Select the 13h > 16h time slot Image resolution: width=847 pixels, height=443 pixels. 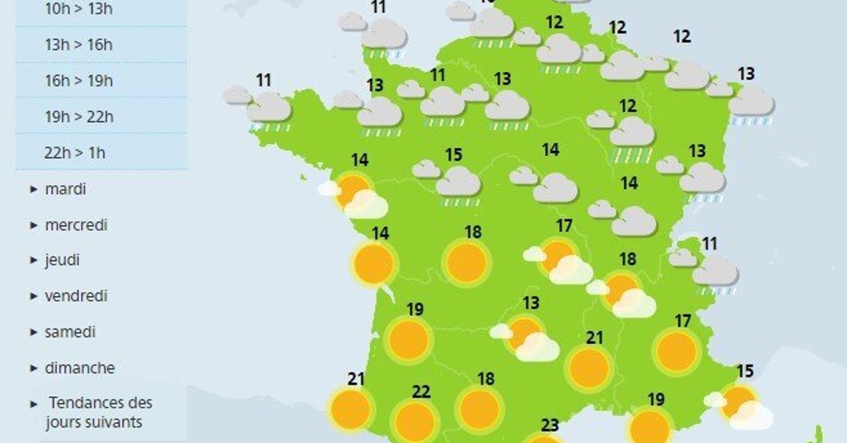[78, 45]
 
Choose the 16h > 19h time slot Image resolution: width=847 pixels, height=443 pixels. [78, 80]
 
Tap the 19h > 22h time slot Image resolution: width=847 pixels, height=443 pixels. [78, 116]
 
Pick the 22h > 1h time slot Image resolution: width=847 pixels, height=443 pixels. [74, 152]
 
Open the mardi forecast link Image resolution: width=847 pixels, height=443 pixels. [65, 189]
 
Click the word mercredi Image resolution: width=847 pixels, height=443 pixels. [76, 226]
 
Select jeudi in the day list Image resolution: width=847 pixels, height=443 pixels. [62, 260]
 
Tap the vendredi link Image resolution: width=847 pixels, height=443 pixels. [76, 296]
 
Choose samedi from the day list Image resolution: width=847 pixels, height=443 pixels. [70, 332]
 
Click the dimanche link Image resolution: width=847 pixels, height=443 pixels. [79, 368]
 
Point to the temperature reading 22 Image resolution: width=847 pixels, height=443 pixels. [421, 392]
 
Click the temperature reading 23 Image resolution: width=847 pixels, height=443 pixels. [551, 425]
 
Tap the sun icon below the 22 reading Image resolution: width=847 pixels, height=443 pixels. [414, 421]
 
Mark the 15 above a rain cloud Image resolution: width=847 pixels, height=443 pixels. [453, 154]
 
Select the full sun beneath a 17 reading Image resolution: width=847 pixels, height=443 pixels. [677, 351]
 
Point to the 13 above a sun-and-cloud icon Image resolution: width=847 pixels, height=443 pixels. [531, 303]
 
